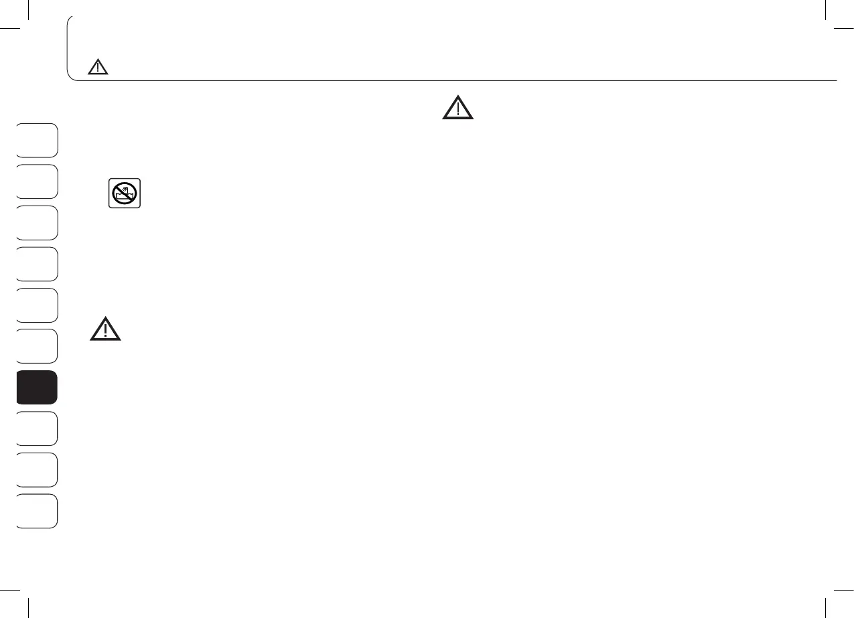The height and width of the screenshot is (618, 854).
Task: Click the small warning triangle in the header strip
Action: tap(98, 67)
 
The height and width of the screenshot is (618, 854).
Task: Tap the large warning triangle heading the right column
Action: tap(457, 109)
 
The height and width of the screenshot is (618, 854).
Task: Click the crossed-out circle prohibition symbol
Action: tap(125, 194)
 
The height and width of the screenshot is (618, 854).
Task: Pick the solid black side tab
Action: tap(37, 388)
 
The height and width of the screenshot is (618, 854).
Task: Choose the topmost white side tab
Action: tap(37, 140)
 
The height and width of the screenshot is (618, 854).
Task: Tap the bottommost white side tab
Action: tap(37, 512)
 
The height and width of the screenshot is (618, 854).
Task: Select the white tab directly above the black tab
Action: tap(37, 346)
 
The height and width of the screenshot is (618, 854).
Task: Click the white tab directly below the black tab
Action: tap(37, 429)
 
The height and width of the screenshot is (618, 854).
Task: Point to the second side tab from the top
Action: tap(37, 181)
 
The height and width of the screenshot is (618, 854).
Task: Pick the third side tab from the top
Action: tap(37, 223)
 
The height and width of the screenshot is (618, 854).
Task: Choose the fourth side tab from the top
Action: tap(37, 264)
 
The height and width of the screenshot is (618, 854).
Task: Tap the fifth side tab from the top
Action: tap(37, 305)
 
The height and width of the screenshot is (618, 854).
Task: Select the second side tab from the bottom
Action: tap(37, 470)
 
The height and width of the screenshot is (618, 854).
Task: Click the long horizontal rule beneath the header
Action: tap(455, 81)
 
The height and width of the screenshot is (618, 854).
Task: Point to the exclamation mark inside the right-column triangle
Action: tap(457, 110)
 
